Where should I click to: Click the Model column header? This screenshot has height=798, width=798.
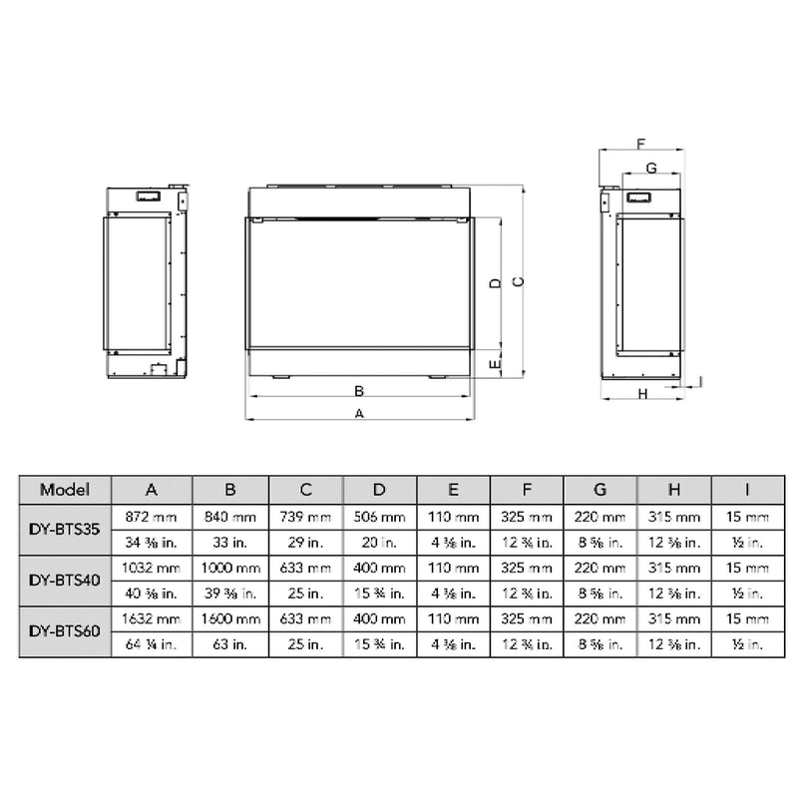click(65, 490)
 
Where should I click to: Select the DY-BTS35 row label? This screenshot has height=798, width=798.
click(65, 531)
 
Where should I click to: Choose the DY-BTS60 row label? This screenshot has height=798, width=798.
click(65, 631)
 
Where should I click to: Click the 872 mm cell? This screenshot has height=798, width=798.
click(151, 518)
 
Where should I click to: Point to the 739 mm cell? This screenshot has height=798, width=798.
click(305, 518)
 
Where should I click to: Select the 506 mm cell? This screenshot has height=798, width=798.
click(379, 518)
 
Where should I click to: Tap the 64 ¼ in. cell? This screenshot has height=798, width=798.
click(151, 644)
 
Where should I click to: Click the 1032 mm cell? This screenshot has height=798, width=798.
click(151, 568)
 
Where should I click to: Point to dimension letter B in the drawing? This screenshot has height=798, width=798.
click(359, 389)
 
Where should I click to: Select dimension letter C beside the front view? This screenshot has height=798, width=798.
click(517, 282)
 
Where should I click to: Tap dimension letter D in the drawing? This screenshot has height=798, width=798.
click(494, 282)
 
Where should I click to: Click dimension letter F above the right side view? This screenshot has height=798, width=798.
click(640, 144)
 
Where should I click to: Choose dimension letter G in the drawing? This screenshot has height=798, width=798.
click(650, 168)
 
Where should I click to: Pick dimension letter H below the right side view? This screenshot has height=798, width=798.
click(643, 394)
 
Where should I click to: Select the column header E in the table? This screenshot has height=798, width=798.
click(453, 490)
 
